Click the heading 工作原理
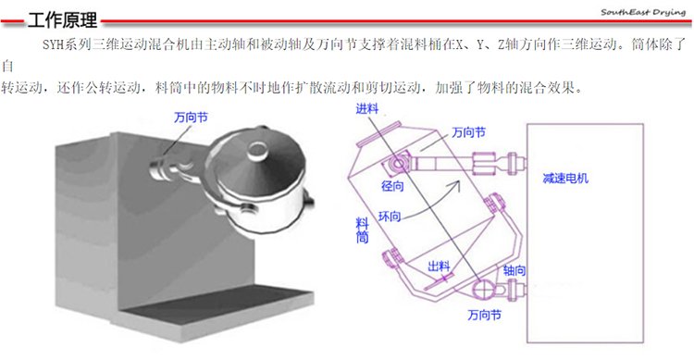pos(62,20)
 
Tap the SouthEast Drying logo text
pos(643,12)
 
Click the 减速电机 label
pos(565,179)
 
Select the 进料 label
pos(367,108)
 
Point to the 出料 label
pos(439,267)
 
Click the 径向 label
pos(392,186)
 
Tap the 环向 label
pos(390,217)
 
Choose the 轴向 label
pos(514,270)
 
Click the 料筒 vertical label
pos(363,230)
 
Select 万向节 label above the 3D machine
pos(191,118)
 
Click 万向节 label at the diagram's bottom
pos(485,315)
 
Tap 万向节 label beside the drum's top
pos(469,132)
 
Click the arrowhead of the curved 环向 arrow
pos(457,185)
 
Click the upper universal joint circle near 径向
pos(398,164)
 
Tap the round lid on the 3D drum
pos(256,150)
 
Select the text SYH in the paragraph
pos(53,44)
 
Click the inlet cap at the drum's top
pos(378,133)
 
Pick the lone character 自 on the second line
pos(7,67)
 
